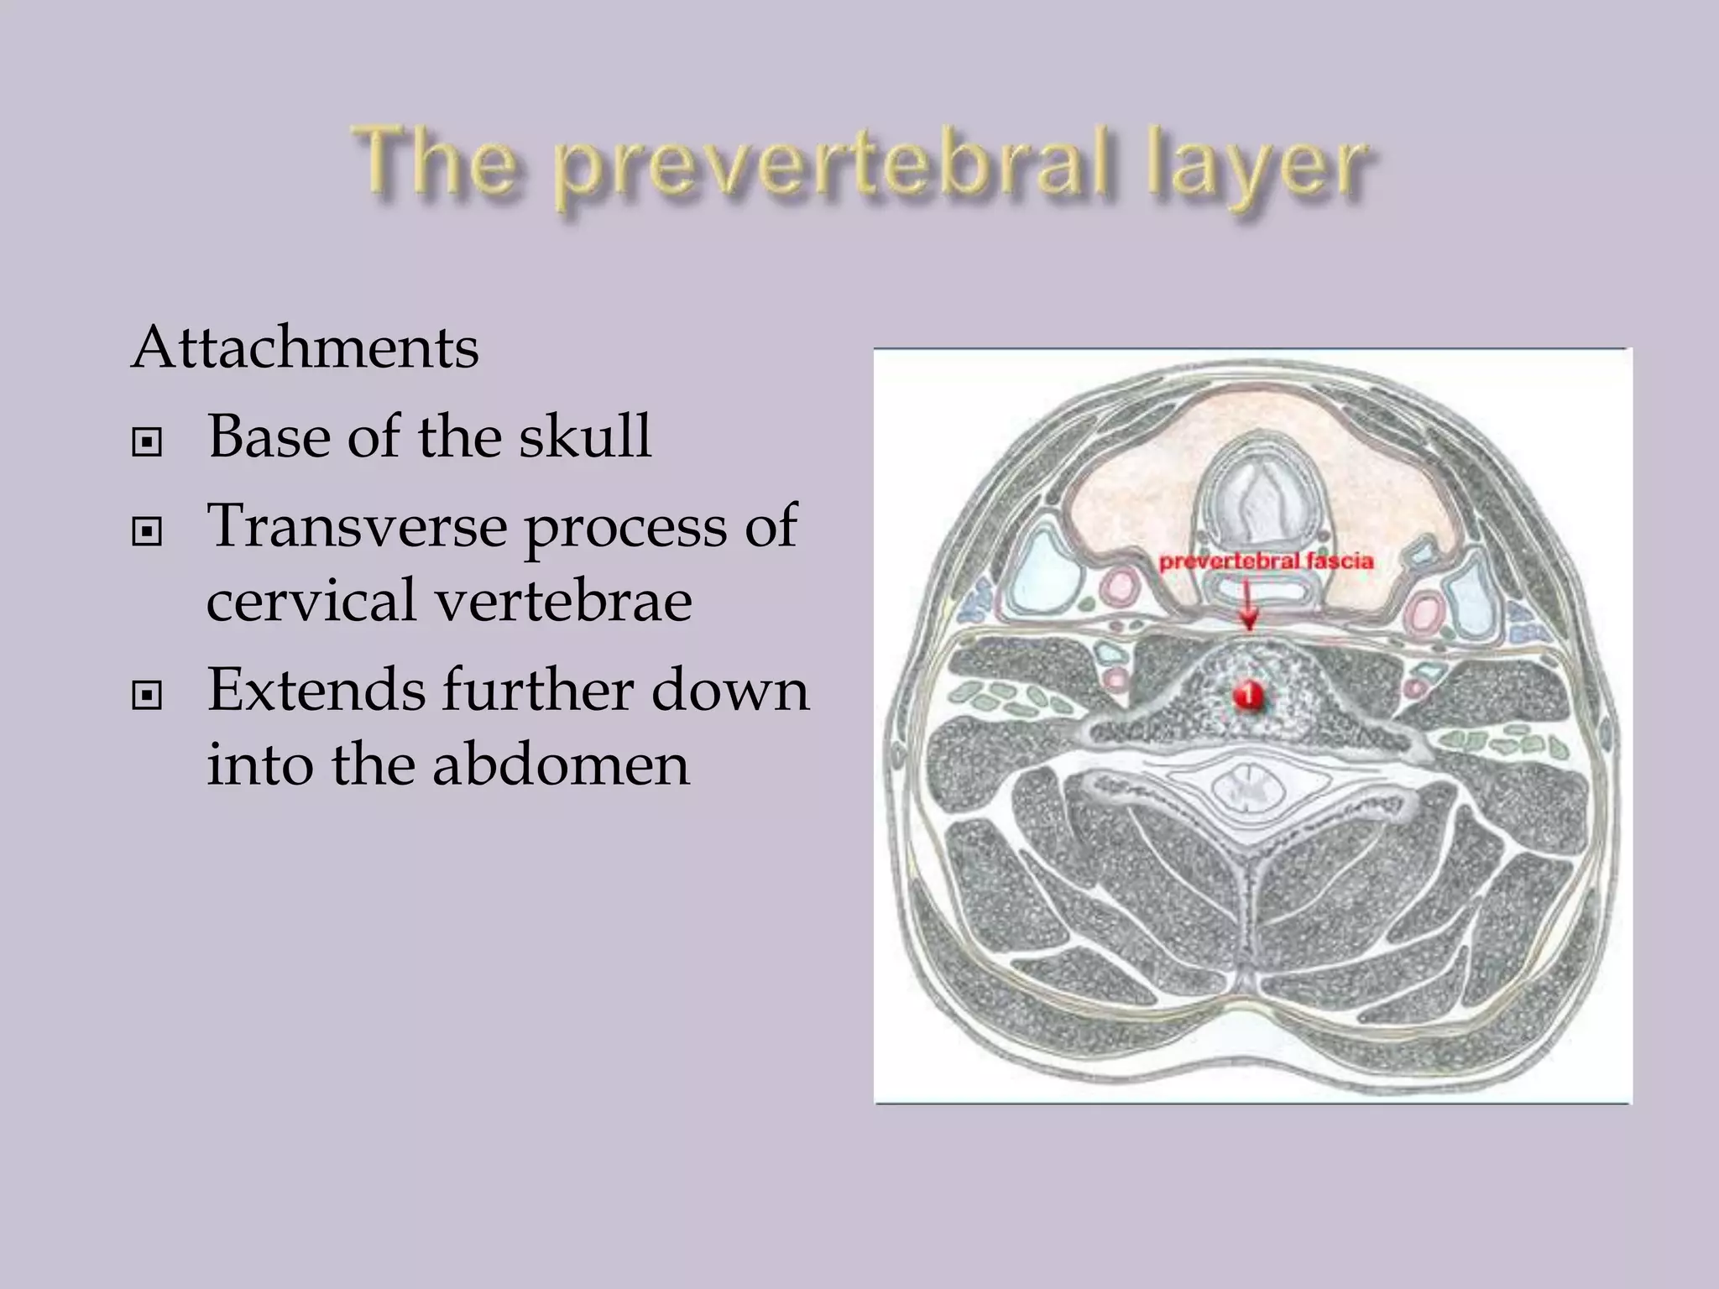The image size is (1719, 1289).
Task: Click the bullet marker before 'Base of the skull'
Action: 147,441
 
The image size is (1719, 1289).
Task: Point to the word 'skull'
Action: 584,436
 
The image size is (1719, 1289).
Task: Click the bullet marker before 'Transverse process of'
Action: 147,531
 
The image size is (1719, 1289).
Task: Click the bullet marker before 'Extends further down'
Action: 147,695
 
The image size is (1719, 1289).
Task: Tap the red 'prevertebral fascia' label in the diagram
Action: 1266,561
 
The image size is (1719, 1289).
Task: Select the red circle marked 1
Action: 1248,695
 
